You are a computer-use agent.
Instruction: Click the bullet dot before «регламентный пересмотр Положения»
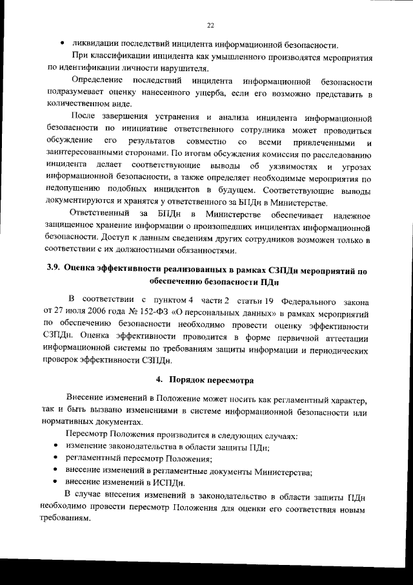pos(57,457)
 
